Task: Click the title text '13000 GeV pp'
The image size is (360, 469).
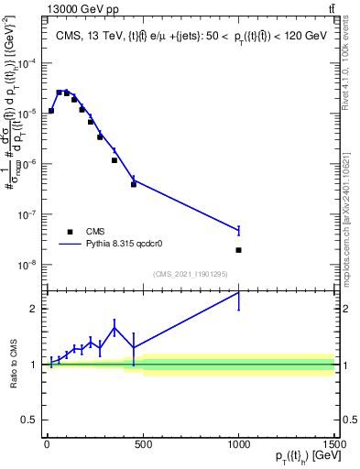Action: pyautogui.click(x=73, y=9)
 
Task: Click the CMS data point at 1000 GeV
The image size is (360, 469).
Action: pyautogui.click(x=238, y=250)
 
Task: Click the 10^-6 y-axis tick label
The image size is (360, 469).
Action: pyautogui.click(x=28, y=164)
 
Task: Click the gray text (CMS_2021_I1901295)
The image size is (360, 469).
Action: pyautogui.click(x=190, y=274)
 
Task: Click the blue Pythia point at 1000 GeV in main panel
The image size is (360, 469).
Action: pyautogui.click(x=238, y=230)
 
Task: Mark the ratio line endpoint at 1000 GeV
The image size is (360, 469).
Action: pyautogui.click(x=238, y=292)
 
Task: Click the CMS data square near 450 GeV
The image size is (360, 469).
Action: pyautogui.click(x=134, y=184)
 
